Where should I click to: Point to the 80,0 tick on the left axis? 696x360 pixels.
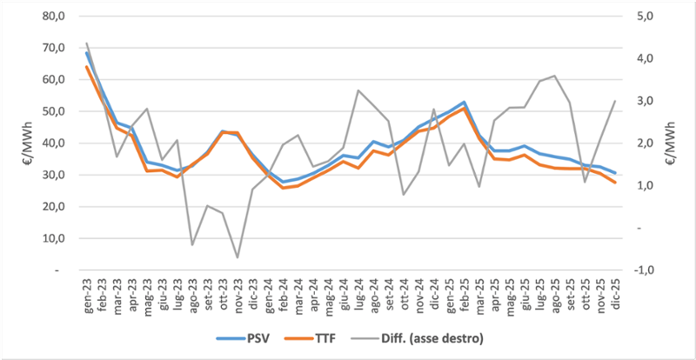pyautogui.click(x=54, y=16)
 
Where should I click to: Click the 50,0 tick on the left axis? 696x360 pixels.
pyautogui.click(x=54, y=111)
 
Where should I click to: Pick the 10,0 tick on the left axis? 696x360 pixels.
pyautogui.click(x=54, y=238)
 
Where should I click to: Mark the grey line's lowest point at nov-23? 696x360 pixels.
pyautogui.click(x=238, y=257)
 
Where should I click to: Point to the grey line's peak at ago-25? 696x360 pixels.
pyautogui.click(x=554, y=76)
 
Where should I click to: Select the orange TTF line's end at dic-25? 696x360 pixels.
pyautogui.click(x=613, y=183)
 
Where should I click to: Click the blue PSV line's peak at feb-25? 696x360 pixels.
pyautogui.click(x=464, y=103)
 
